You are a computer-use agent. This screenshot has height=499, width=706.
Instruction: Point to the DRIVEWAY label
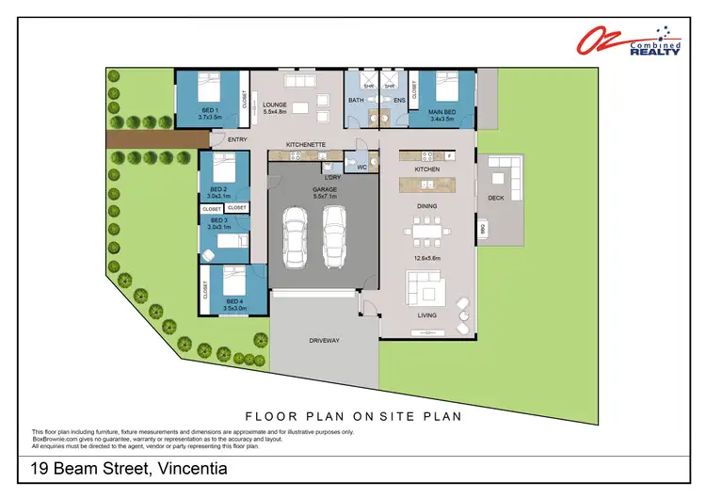coord(324,340)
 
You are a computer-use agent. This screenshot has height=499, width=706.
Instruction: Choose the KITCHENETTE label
coord(306,145)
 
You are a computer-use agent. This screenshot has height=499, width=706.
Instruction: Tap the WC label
coord(361,167)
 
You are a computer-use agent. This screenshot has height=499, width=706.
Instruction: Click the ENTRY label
coord(224,140)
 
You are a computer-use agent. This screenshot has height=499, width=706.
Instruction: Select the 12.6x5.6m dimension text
coord(426,256)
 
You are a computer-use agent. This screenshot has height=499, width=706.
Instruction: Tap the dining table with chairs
coord(426,229)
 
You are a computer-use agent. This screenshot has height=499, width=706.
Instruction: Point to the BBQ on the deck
coord(483,228)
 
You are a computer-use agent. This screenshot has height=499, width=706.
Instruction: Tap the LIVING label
coord(427,315)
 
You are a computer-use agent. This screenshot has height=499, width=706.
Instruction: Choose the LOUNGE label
coord(275,105)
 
